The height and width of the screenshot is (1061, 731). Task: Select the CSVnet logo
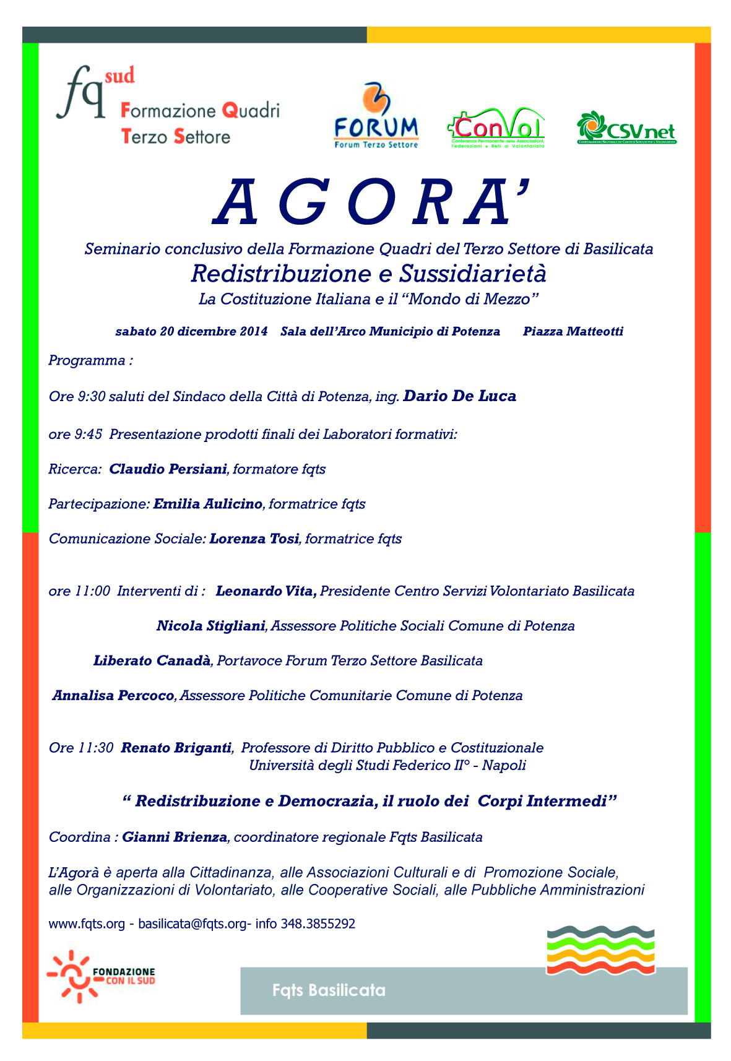click(x=626, y=128)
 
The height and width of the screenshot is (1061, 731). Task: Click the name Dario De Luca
click(x=459, y=396)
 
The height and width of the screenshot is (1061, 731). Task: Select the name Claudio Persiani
click(x=168, y=469)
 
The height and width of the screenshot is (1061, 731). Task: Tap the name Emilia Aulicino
click(x=208, y=504)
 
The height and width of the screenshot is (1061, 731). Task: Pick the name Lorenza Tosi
click(x=254, y=539)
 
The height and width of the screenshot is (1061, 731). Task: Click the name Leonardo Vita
click(x=266, y=591)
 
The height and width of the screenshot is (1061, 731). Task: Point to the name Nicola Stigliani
click(x=211, y=626)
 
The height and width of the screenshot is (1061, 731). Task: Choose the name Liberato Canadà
click(x=152, y=660)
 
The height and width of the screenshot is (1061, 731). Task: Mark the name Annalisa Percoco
click(x=114, y=695)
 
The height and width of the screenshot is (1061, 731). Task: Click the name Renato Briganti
click(x=176, y=748)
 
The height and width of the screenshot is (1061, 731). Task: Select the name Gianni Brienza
click(x=175, y=838)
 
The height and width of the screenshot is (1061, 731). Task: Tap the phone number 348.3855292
click(x=318, y=924)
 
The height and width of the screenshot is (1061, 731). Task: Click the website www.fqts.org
click(x=87, y=924)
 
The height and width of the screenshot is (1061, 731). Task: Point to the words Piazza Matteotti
click(x=573, y=331)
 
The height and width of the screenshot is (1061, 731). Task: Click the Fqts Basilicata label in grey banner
click(x=329, y=990)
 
